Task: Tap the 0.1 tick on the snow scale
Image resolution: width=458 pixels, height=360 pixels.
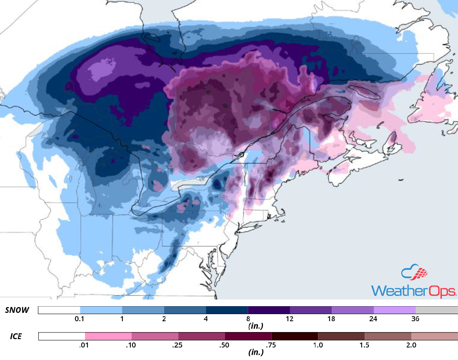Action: pos(80,319)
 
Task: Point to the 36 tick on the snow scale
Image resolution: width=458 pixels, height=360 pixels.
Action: pos(415,319)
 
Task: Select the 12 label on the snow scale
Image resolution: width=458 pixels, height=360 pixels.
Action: pos(290,319)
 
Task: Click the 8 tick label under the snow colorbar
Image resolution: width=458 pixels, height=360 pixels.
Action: pos(248,319)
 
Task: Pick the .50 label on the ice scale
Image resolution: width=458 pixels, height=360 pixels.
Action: pos(225,345)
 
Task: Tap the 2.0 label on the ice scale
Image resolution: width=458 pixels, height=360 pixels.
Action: pos(411,345)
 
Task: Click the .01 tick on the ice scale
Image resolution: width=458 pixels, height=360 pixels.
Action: pos(85,345)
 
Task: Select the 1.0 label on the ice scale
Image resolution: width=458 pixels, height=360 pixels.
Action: pos(318,345)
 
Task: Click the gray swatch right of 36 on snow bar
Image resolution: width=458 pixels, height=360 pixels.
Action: pos(436,310)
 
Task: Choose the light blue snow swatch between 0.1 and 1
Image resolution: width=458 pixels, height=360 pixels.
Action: pos(101,310)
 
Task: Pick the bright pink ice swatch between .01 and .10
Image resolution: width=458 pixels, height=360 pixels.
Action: pos(108,336)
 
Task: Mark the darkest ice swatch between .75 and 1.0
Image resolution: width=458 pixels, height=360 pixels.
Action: pos(295,336)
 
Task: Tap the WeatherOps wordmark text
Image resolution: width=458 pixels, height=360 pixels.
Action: pos(413,291)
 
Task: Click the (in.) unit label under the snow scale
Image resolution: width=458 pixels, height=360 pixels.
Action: pos(255,326)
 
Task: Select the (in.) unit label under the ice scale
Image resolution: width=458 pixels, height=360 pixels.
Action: pos(255,352)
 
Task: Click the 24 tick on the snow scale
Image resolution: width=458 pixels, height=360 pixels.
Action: pos(373,319)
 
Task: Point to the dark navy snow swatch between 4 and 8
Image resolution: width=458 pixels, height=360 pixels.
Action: pos(227,310)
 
